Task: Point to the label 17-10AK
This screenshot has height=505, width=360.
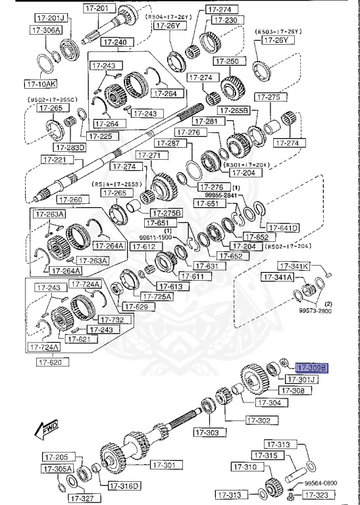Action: [41, 84]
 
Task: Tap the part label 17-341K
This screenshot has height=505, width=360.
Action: [293, 266]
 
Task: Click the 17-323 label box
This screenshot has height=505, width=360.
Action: [322, 494]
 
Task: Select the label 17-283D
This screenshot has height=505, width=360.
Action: [71, 147]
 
